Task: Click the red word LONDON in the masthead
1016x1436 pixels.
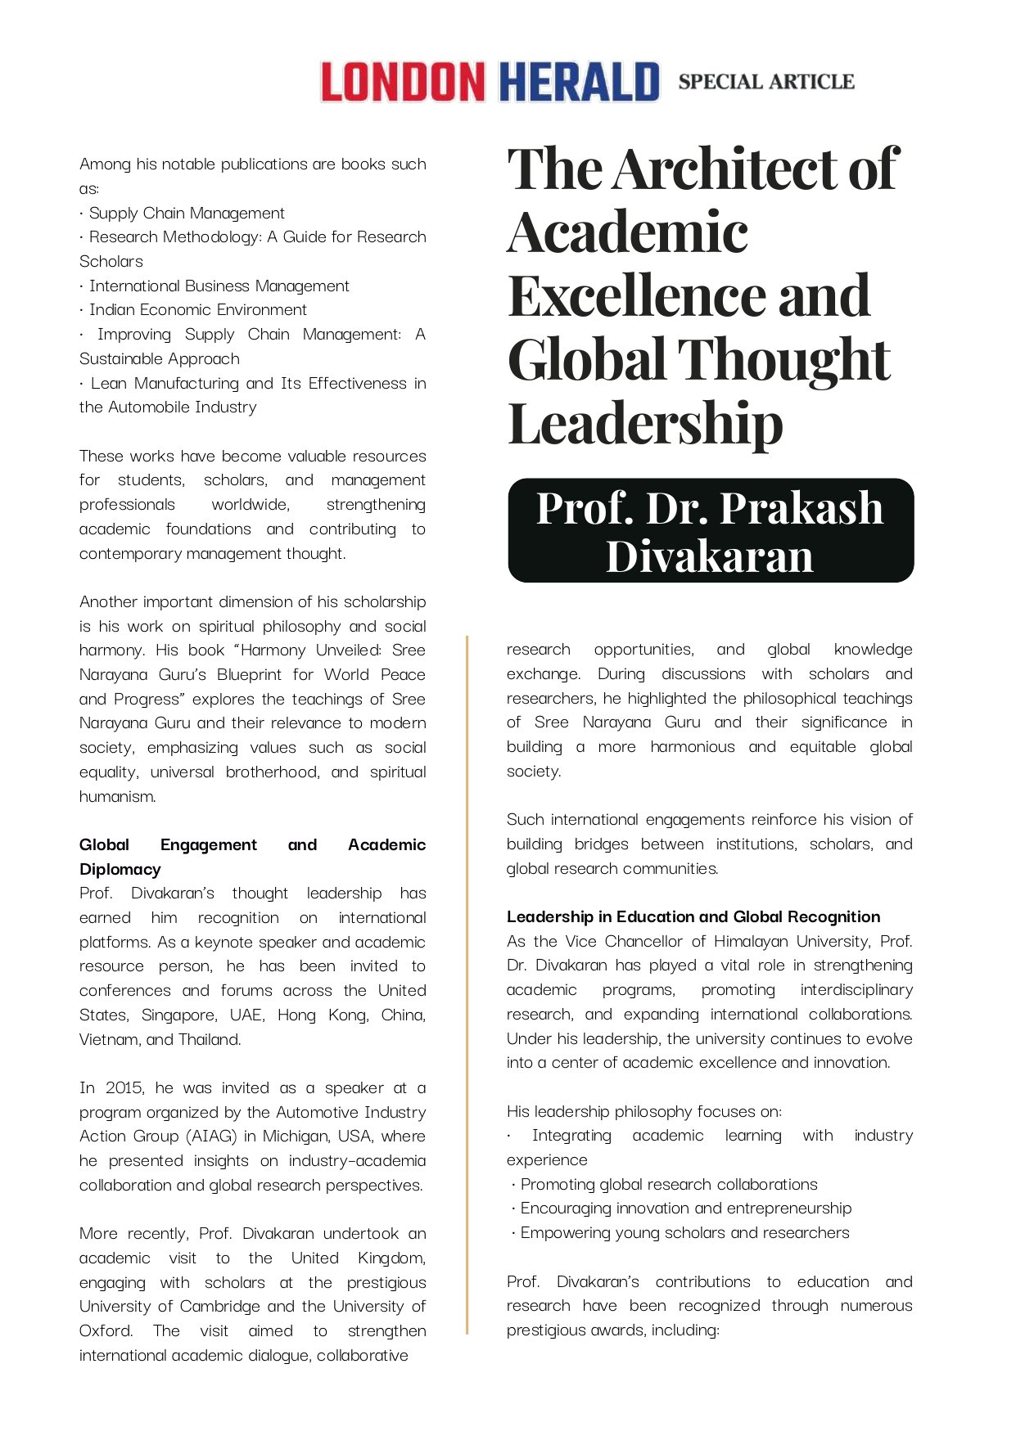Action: coord(402,82)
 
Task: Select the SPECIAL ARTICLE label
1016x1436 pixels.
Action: coord(765,82)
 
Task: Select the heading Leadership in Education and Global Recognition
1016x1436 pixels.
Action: coord(693,916)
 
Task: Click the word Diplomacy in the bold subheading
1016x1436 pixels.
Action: coord(120,869)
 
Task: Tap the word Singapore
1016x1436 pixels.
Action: coord(178,1015)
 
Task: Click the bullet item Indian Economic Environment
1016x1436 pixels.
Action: coord(197,309)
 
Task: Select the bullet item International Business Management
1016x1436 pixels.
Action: coord(219,286)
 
